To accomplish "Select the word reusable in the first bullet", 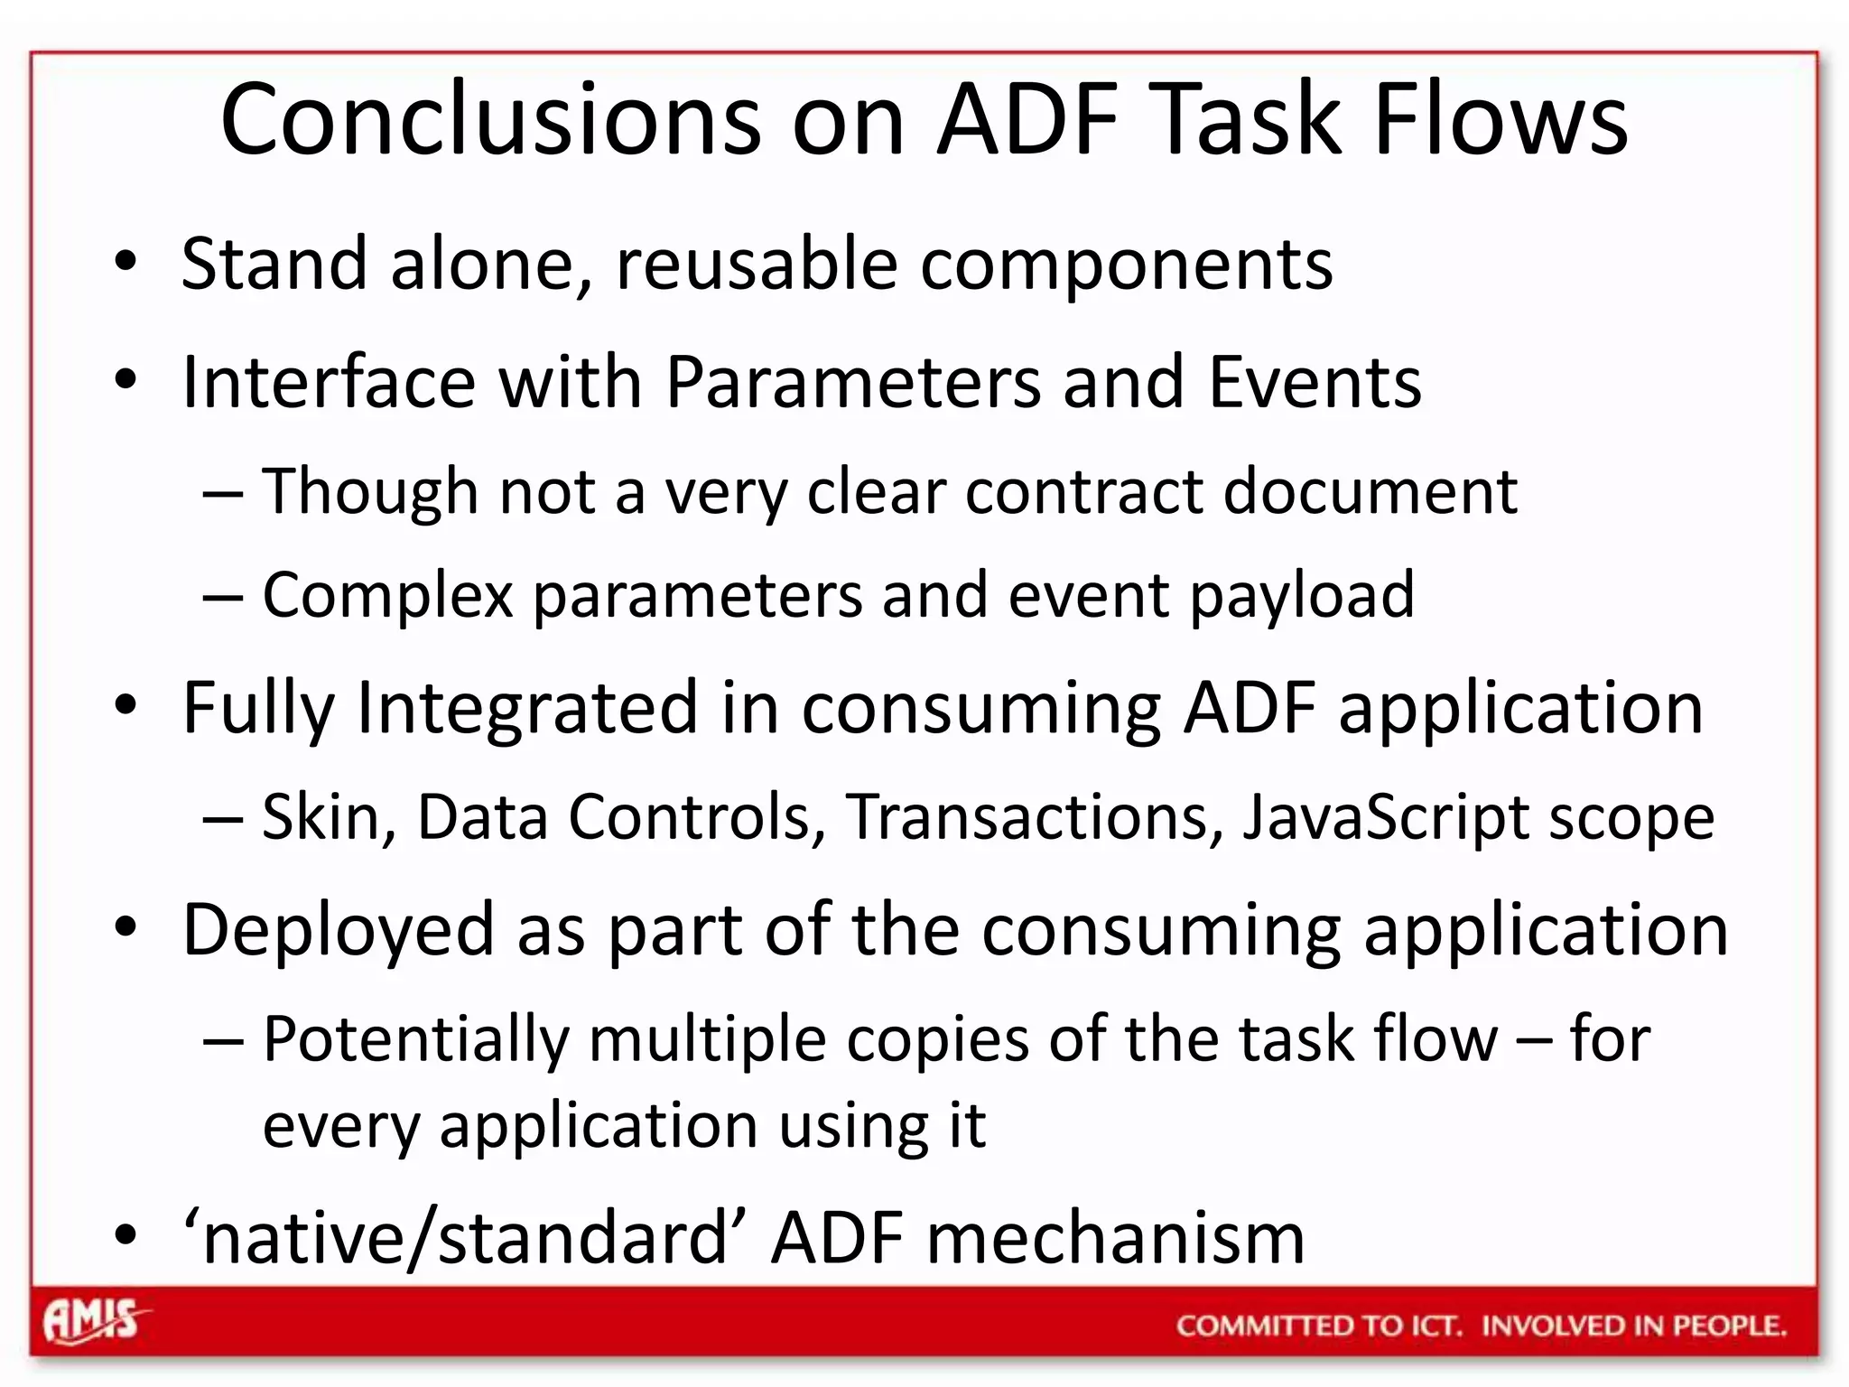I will (757, 264).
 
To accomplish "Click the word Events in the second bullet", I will (1315, 383).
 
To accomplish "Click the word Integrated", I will (527, 708).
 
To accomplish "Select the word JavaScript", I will (1385, 817).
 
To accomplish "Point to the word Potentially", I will (416, 1040).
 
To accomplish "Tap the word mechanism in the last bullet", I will (1116, 1238).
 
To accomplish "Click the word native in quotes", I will (304, 1238).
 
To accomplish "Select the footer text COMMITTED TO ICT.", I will (1318, 1326).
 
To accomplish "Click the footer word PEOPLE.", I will (1730, 1326).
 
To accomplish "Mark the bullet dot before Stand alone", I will (125, 263).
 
